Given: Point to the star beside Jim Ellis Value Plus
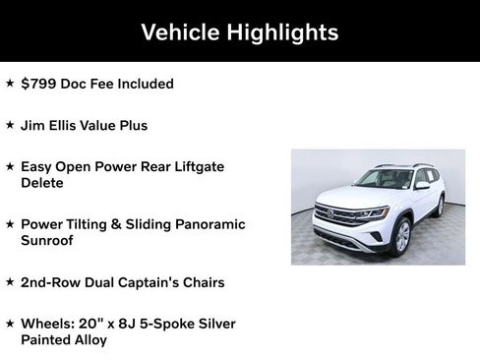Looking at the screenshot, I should (x=10, y=125).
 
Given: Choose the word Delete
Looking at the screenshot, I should (x=42, y=183).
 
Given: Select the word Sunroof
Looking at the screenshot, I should (x=49, y=240).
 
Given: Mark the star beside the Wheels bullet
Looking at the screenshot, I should (x=10, y=323).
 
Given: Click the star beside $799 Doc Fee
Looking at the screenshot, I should (x=10, y=84).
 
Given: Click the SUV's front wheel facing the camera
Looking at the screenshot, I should (x=401, y=236).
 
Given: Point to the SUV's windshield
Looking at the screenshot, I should (x=383, y=179).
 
